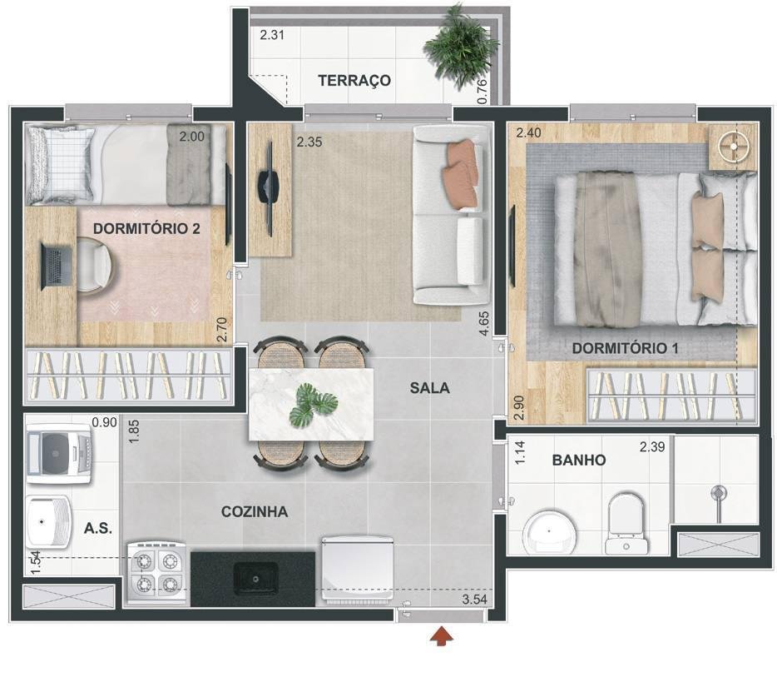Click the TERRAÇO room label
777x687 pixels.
(354, 80)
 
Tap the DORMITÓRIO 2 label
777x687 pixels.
(146, 229)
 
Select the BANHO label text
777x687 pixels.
(579, 460)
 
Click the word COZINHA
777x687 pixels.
(255, 511)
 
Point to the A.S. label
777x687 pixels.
(98, 528)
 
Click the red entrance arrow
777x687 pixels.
(442, 636)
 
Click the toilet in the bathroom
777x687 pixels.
(626, 524)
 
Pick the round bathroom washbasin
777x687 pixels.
(550, 531)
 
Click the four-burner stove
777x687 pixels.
(157, 573)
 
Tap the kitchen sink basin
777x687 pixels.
(255, 579)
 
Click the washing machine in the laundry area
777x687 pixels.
(58, 456)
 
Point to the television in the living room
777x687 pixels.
(268, 188)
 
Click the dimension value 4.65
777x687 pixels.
(484, 323)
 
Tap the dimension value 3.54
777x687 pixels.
(475, 600)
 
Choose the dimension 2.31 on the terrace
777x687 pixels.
(272, 35)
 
